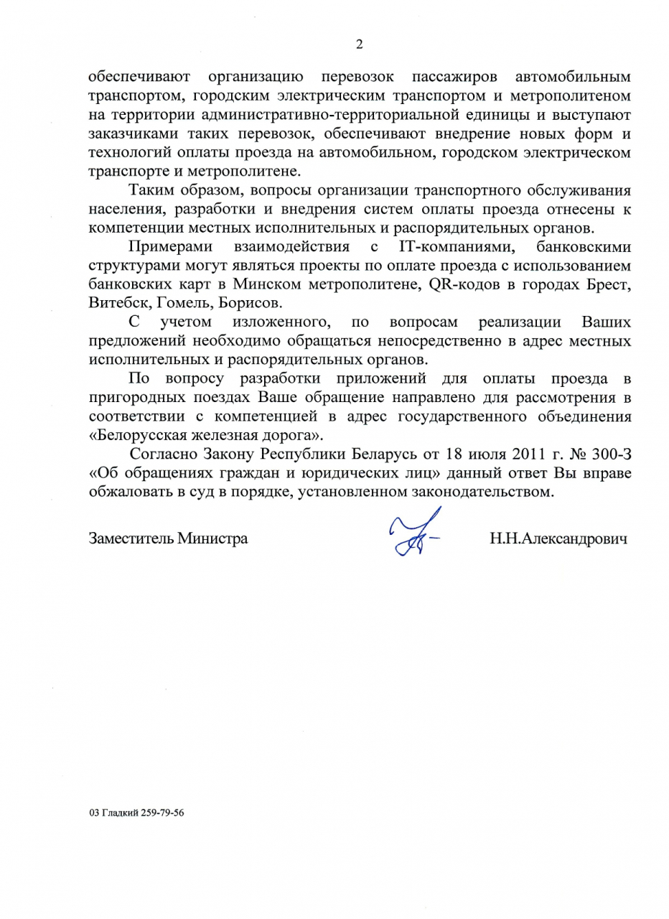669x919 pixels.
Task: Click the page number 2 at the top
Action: tap(359, 45)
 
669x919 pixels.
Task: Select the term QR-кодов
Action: tap(466, 285)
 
